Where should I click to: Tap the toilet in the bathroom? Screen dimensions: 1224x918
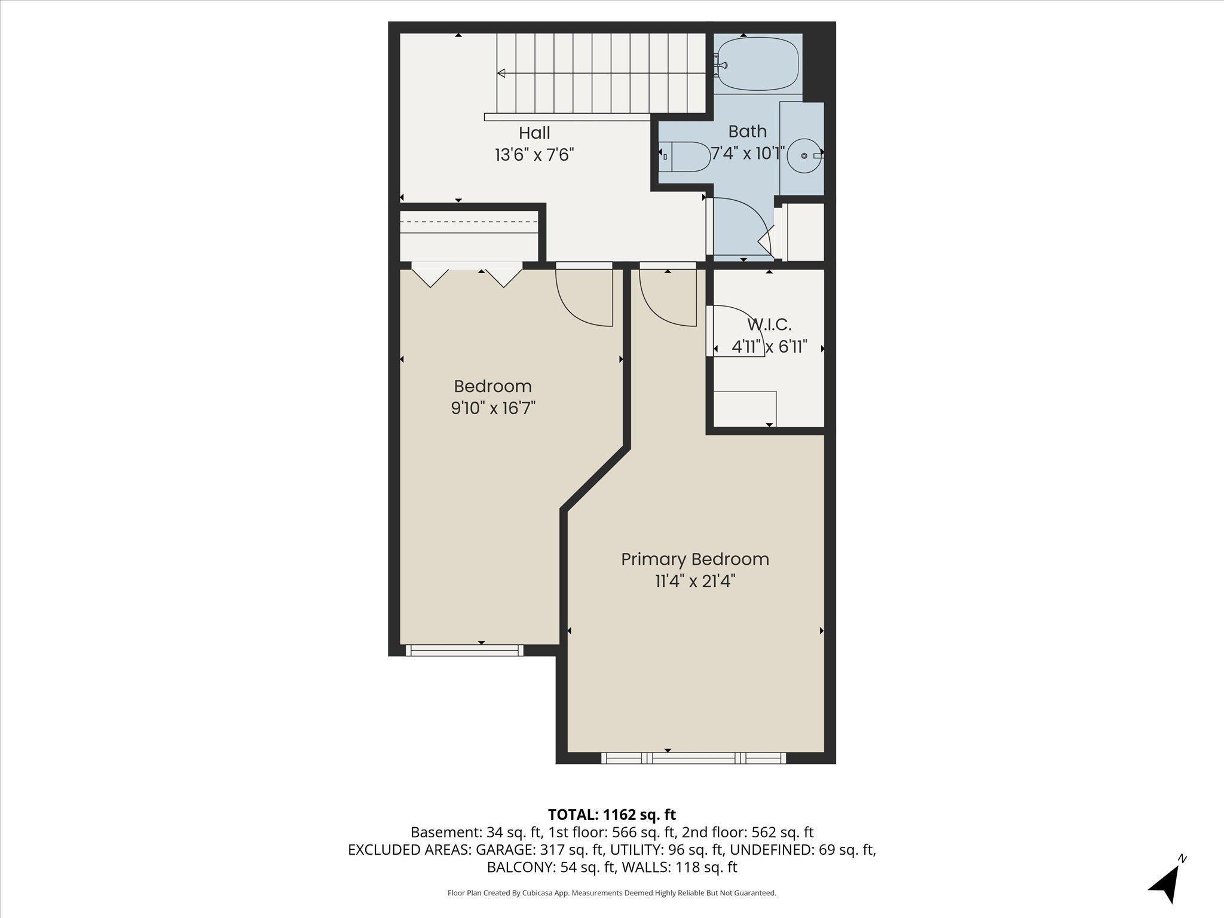tap(684, 157)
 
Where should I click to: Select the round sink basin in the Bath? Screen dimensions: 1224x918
tap(804, 155)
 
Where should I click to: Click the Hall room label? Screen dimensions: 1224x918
tap(534, 133)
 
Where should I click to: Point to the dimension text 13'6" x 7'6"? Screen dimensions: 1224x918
tap(534, 155)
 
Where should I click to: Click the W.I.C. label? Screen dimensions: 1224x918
tap(769, 325)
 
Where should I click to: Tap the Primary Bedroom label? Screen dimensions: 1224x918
tap(695, 559)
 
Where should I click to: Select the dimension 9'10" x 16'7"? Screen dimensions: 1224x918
tap(493, 408)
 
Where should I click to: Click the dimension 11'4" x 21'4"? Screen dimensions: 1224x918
tap(695, 582)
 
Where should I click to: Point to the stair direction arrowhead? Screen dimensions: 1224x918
tap(501, 74)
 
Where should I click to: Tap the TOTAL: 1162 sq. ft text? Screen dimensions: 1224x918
tap(612, 815)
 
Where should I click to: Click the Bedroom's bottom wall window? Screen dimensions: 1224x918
tap(464, 650)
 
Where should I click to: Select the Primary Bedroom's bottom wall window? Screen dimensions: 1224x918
tap(693, 758)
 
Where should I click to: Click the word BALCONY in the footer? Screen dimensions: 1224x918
tap(520, 867)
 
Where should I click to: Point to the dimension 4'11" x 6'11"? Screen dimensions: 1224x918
tap(770, 347)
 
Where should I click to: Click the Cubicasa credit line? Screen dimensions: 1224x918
tap(612, 893)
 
